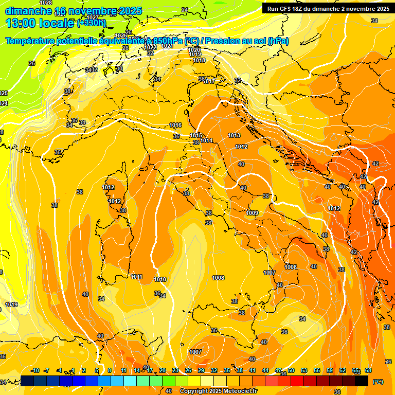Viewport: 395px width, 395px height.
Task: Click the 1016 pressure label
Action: click(x=175, y=125)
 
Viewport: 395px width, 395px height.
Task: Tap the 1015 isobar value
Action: click(x=195, y=135)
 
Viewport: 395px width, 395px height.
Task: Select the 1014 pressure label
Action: click(x=206, y=140)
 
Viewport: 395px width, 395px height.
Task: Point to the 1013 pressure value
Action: click(x=234, y=135)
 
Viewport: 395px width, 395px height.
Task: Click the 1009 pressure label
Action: click(x=252, y=213)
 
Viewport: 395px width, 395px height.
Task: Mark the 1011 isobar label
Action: click(x=136, y=277)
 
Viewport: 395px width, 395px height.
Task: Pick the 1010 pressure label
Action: click(x=160, y=279)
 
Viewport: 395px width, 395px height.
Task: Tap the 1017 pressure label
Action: click(x=208, y=81)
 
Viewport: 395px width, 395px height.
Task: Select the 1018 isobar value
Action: click(x=199, y=60)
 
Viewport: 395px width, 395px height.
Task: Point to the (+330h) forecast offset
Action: click(x=91, y=23)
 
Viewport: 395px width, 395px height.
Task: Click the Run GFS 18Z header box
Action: click(x=328, y=9)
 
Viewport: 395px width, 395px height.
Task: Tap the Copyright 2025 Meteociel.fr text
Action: click(x=218, y=391)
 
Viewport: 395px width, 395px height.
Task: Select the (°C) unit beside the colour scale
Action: click(x=378, y=381)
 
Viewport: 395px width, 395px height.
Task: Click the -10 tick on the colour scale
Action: click(x=35, y=370)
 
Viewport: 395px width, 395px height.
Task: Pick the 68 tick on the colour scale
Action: click(x=368, y=370)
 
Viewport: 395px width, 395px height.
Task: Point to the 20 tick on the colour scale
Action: click(x=163, y=370)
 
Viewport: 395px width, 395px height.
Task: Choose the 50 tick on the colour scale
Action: click(x=291, y=370)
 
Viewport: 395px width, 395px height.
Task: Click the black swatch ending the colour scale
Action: click(x=362, y=381)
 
